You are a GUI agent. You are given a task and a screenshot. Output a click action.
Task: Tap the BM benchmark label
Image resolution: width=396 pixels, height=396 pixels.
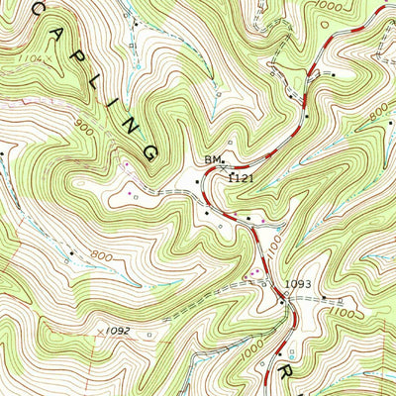212,158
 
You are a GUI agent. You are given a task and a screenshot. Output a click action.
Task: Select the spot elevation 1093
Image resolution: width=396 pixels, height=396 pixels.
298,285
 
